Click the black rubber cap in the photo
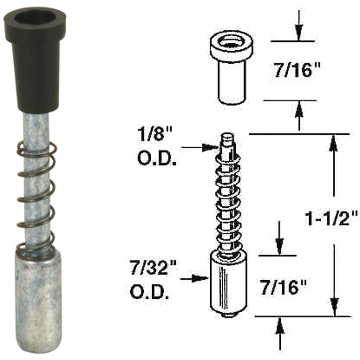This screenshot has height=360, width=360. [36, 67]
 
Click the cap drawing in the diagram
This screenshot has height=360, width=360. [231, 67]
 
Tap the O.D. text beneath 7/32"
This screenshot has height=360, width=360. [150, 293]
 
